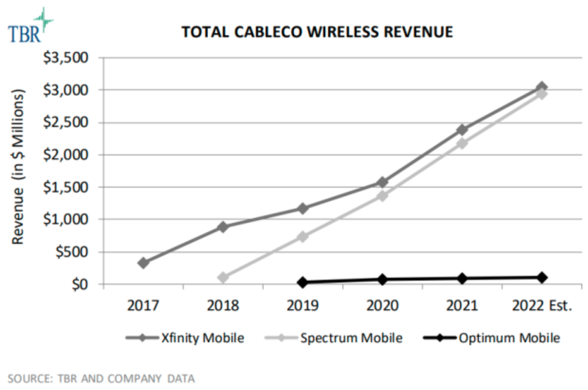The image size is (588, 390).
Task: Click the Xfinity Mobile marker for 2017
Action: [144, 262]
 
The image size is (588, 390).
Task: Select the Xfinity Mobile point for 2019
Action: [303, 208]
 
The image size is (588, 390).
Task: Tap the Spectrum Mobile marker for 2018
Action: [223, 277]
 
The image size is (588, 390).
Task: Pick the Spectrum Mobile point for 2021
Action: [462, 143]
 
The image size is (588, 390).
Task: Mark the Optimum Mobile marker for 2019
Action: [303, 282]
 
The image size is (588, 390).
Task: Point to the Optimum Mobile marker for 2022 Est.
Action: [542, 277]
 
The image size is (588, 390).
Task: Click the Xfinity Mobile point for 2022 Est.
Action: [542, 87]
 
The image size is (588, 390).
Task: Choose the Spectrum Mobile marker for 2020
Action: [383, 195]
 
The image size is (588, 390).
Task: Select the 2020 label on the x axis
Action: [383, 306]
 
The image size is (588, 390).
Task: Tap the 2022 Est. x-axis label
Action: [542, 306]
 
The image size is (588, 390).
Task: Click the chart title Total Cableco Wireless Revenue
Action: [317, 32]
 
